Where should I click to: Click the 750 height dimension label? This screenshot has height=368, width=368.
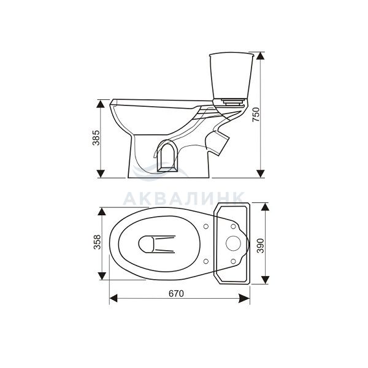pyautogui.click(x=256, y=114)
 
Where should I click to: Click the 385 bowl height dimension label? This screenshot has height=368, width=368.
pyautogui.click(x=96, y=138)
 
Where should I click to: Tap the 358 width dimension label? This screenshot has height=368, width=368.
pyautogui.click(x=97, y=242)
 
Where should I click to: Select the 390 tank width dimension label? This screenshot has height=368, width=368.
pyautogui.click(x=261, y=246)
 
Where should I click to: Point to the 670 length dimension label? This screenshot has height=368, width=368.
pyautogui.click(x=176, y=294)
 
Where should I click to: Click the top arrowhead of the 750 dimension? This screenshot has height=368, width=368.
pyautogui.click(x=261, y=56)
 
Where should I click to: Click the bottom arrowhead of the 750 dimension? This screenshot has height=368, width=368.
pyautogui.click(x=261, y=174)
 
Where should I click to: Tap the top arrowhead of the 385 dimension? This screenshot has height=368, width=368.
pyautogui.click(x=101, y=104)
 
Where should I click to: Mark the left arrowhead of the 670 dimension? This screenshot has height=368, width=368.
pyautogui.click(x=113, y=299)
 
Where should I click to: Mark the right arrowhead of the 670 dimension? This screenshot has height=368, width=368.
pyautogui.click(x=244, y=299)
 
